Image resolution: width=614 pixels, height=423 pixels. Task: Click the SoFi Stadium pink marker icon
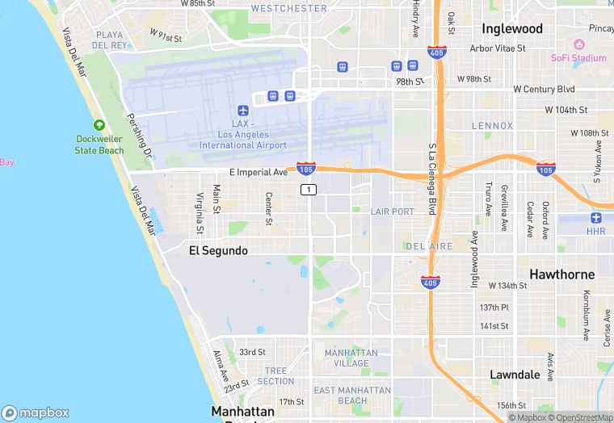(x=578, y=44)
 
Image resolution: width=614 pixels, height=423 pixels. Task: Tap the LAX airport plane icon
(x=242, y=111)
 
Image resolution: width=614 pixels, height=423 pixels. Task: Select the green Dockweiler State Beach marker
(x=99, y=125)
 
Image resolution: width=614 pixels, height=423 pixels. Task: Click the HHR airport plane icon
(x=596, y=217)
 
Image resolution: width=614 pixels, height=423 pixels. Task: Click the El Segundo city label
(x=218, y=251)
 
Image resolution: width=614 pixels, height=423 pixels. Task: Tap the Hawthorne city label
(x=561, y=274)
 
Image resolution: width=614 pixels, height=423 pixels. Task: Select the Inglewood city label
(x=512, y=28)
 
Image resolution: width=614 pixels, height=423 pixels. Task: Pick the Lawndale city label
(x=515, y=375)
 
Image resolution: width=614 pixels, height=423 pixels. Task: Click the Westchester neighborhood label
(x=289, y=9)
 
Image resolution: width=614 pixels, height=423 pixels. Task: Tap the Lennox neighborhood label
(x=493, y=126)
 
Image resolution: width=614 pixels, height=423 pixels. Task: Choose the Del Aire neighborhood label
(x=429, y=245)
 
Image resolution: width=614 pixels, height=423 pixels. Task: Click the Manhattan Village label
(x=351, y=358)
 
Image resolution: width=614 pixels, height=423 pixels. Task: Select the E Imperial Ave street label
(x=259, y=172)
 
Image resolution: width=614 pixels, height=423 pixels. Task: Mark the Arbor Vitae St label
(x=498, y=48)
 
